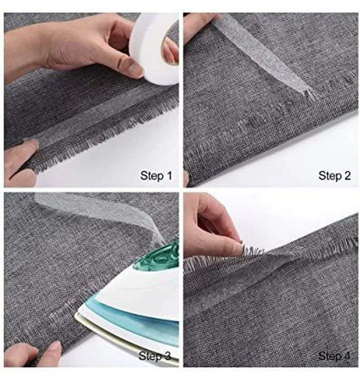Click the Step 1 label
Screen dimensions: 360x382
(156, 176)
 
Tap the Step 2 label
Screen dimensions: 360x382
(335, 176)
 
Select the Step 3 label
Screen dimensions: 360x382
(155, 356)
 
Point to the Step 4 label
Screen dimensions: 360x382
(335, 356)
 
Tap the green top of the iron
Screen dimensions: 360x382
(160, 256)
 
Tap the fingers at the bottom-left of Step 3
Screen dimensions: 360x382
(29, 353)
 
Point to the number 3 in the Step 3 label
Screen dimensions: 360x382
(167, 356)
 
